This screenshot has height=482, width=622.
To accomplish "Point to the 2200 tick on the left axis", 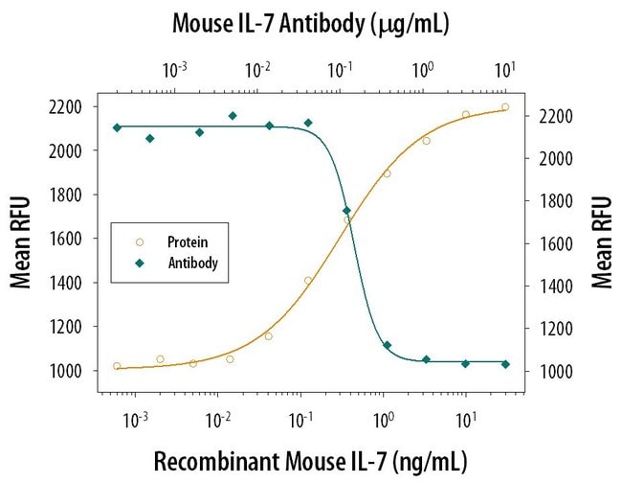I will (x=70, y=105).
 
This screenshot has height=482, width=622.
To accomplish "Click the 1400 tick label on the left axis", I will (x=70, y=282).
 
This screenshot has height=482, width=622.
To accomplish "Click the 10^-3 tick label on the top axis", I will (x=175, y=70).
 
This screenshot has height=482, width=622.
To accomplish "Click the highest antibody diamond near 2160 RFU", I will (x=233, y=116).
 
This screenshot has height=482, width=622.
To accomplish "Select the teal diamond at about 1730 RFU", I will (x=346, y=211).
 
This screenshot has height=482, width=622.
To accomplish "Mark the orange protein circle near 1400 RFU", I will (x=308, y=281).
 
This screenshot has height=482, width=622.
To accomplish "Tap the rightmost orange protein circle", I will (x=505, y=107).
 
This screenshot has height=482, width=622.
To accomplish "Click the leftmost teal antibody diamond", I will (x=117, y=127).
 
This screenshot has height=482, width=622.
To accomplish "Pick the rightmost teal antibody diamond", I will (x=505, y=364).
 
